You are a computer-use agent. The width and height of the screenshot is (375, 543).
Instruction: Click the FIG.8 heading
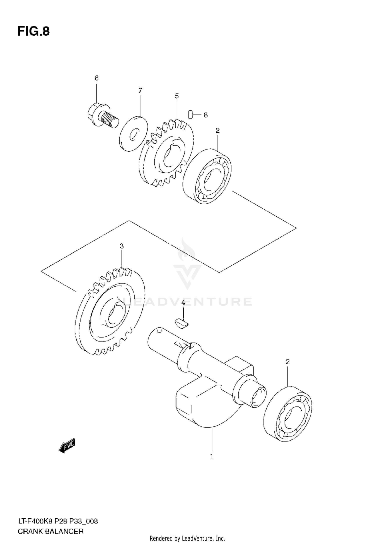pos(33,31)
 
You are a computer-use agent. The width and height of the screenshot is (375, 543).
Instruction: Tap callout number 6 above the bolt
pos(96,78)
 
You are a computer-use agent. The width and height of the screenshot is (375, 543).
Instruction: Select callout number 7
pos(140,90)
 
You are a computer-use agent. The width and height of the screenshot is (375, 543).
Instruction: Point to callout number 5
pos(177,96)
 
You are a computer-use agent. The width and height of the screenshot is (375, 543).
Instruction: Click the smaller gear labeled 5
pos(166,152)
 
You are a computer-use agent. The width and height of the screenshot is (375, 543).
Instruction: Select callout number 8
pos(205,115)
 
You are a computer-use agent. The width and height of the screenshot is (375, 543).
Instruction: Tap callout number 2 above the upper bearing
pos(217,130)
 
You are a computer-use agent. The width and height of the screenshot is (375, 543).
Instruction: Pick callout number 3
pos(121,246)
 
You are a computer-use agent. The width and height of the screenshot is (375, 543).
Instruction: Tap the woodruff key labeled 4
pos(181,322)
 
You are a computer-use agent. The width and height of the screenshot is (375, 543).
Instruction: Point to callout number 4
pos(183,303)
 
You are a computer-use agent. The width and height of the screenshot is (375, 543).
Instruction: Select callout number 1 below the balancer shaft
pos(211,456)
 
